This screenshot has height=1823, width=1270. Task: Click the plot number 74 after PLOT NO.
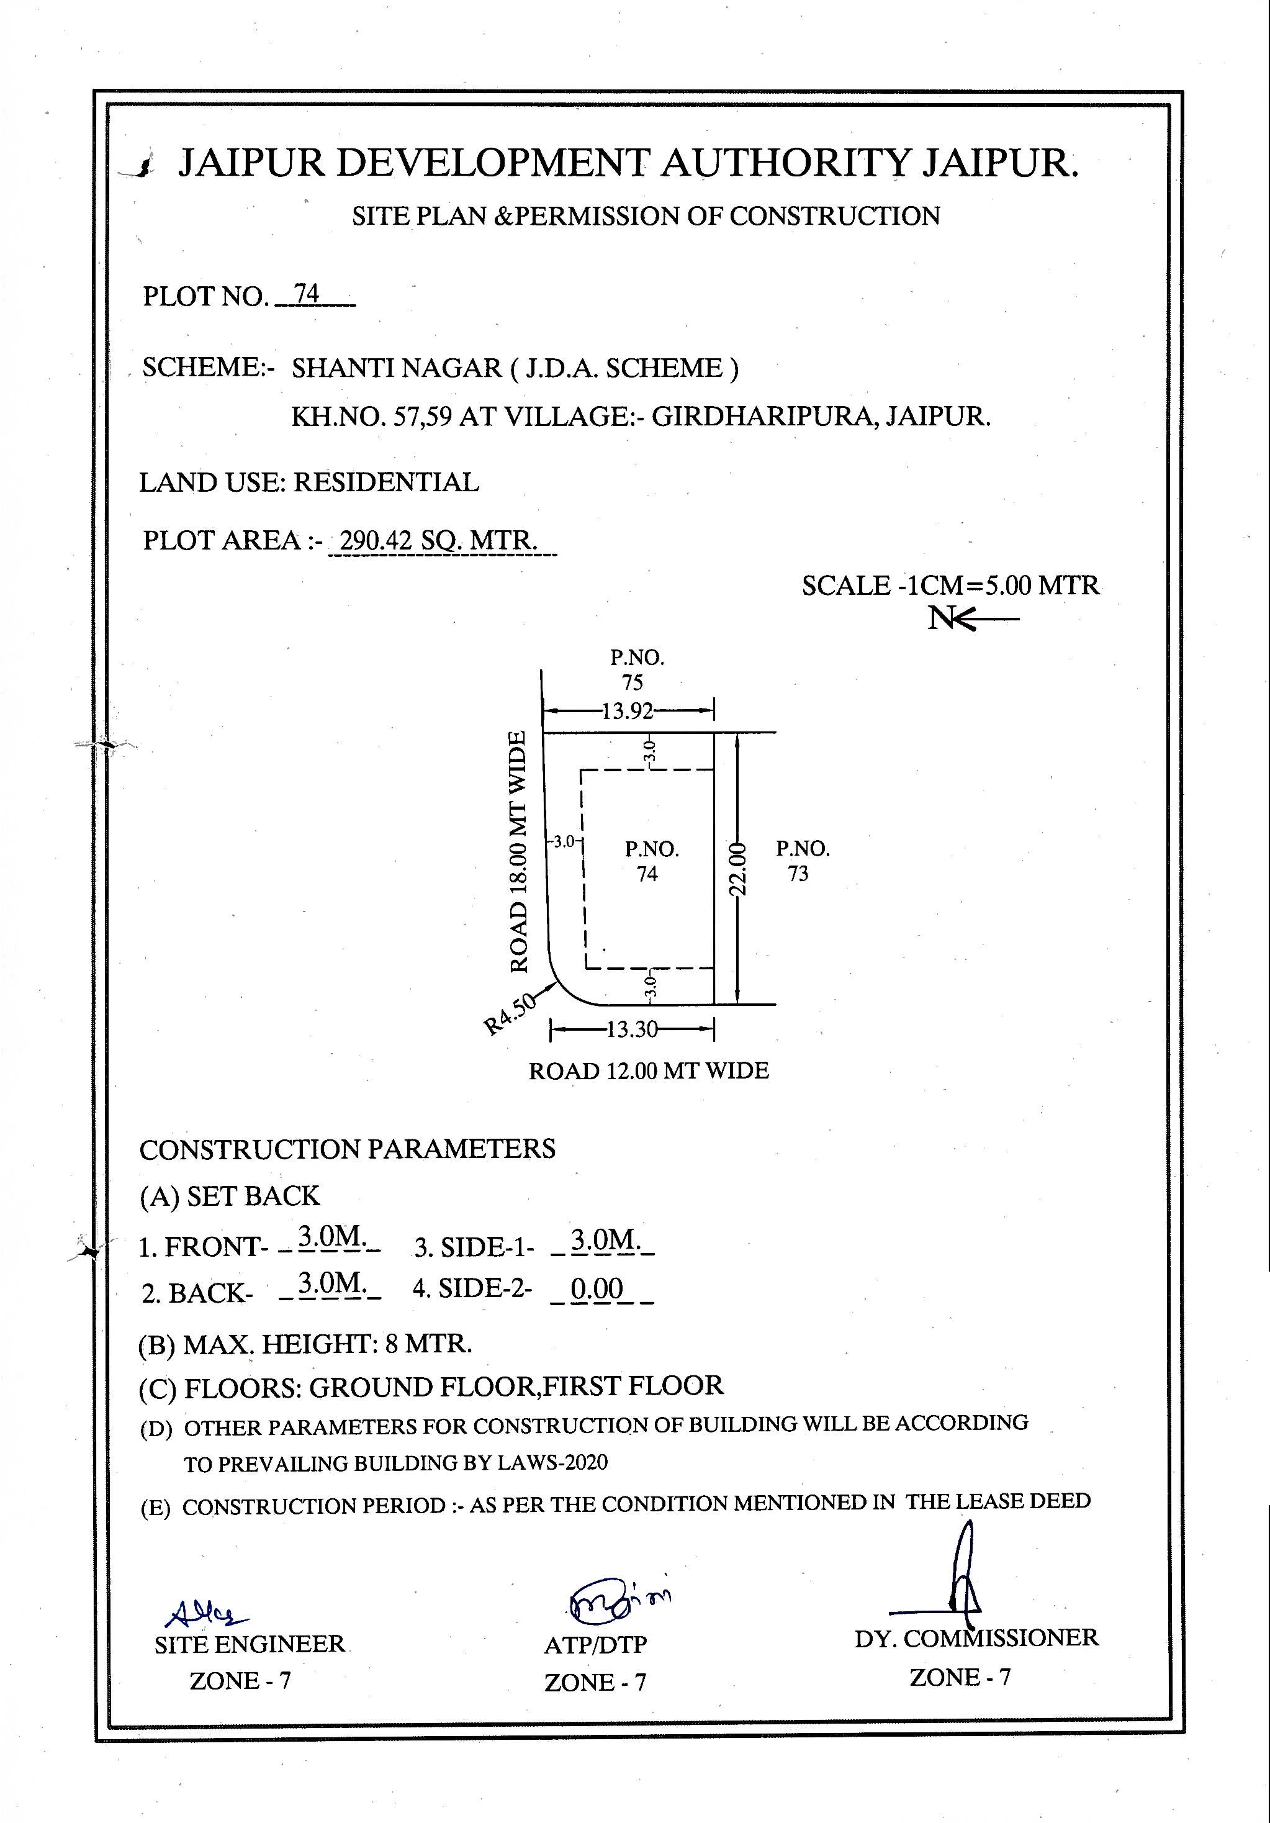[307, 294]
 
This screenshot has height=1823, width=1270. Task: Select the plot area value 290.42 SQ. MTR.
[438, 541]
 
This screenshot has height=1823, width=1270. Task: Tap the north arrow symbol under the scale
[972, 618]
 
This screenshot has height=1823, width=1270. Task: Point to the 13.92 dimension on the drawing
[627, 710]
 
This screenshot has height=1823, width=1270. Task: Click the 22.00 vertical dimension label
[738, 869]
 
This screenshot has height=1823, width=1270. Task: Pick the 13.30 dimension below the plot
[632, 1031]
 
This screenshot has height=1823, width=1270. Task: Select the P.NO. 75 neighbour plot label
[636, 669]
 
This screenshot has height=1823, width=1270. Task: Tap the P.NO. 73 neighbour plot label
[803, 861]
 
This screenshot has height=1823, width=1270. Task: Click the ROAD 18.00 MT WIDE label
[518, 852]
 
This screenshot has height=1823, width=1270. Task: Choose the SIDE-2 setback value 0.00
[597, 1288]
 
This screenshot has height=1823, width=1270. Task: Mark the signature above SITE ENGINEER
[205, 1613]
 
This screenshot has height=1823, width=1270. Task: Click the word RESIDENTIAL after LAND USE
[387, 482]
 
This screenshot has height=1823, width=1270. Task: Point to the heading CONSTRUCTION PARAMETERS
[347, 1149]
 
